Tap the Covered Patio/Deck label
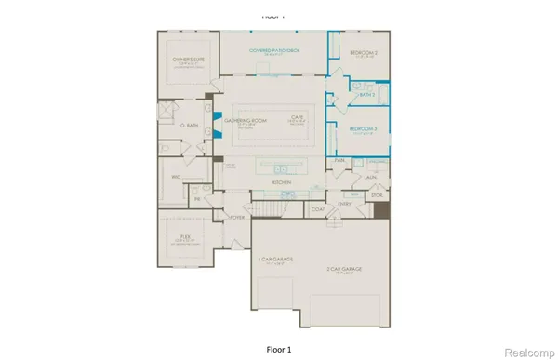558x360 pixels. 274,49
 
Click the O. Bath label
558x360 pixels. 188,126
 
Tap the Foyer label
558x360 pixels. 237,216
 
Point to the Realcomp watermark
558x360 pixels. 526,352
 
